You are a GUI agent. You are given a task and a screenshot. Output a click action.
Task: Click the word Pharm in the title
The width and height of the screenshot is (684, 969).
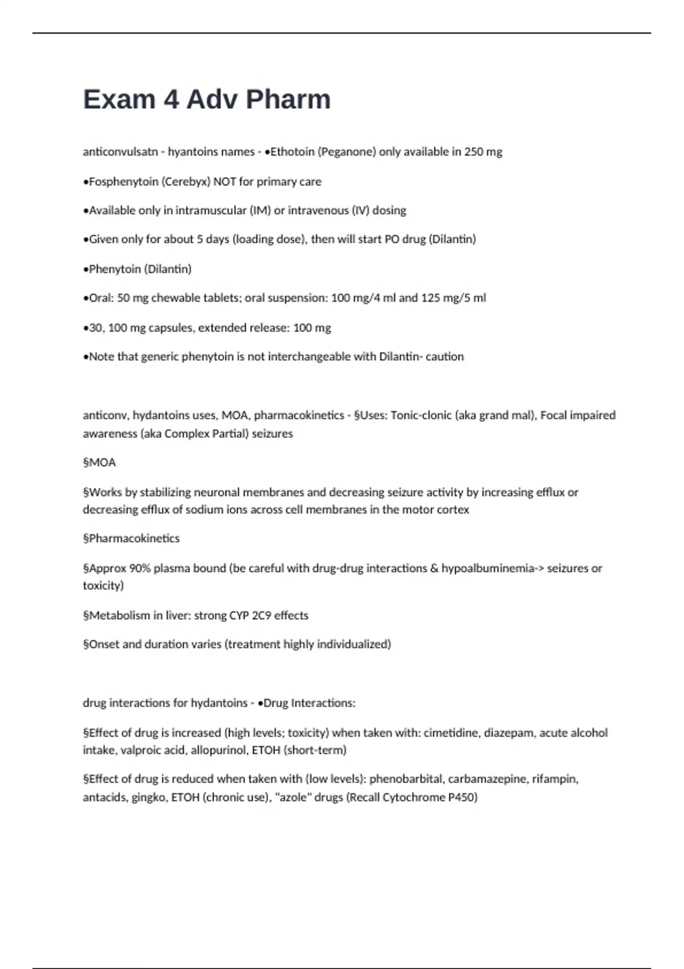coord(288,99)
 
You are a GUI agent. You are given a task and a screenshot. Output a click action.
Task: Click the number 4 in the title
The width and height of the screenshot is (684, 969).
coord(171,99)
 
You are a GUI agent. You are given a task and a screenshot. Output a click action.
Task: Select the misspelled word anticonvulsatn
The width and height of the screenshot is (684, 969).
coord(120,152)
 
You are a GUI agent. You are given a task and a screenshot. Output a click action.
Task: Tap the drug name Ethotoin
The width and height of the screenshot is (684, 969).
coord(292,152)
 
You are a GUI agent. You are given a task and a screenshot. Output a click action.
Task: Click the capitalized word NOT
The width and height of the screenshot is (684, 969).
coord(225,181)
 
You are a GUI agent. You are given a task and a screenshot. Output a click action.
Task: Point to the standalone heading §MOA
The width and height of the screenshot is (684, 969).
coord(99,462)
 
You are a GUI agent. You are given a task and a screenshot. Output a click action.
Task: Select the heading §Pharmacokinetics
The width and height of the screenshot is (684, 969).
coord(131,538)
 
